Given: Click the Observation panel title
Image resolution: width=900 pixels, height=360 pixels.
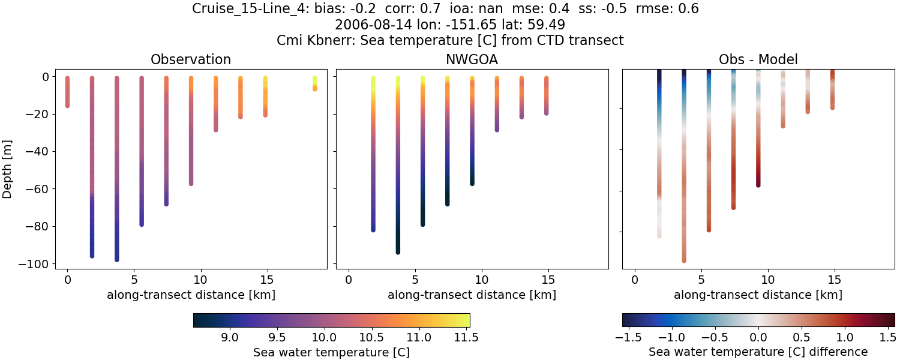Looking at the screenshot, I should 191,59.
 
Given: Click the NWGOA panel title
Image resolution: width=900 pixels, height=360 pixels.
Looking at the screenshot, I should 472,59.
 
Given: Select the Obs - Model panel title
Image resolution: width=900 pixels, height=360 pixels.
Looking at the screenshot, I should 758,59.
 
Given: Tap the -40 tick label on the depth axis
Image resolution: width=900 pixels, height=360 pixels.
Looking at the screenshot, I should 39,152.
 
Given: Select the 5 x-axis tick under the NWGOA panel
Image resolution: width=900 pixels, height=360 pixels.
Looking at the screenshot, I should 415,280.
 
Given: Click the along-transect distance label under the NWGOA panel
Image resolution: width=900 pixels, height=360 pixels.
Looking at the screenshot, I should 472,295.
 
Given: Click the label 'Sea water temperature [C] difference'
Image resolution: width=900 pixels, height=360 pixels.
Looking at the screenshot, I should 758,352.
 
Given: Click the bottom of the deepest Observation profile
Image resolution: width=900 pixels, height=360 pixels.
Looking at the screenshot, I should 116,259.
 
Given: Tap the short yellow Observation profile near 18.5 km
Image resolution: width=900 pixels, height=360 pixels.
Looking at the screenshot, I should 314,83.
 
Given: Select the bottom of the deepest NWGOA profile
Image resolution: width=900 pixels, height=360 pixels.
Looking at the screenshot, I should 398,251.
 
